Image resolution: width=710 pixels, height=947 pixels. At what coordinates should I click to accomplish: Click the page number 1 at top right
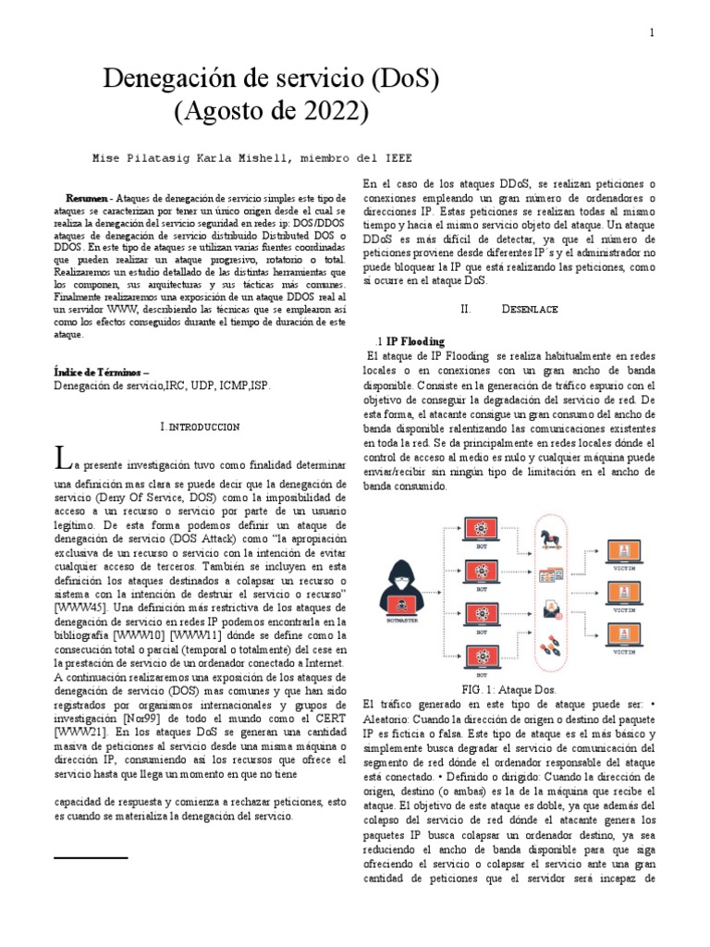pos(652,33)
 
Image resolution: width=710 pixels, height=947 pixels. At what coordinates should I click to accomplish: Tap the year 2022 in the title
pos(335,112)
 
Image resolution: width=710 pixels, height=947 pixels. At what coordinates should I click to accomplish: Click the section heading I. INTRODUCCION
pos(201,426)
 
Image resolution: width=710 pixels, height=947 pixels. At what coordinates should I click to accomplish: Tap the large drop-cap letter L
pos(63,458)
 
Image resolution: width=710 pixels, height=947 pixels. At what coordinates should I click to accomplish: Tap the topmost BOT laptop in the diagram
pos(481,531)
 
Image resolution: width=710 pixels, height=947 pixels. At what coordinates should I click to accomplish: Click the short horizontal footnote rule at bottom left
pos(90,859)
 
